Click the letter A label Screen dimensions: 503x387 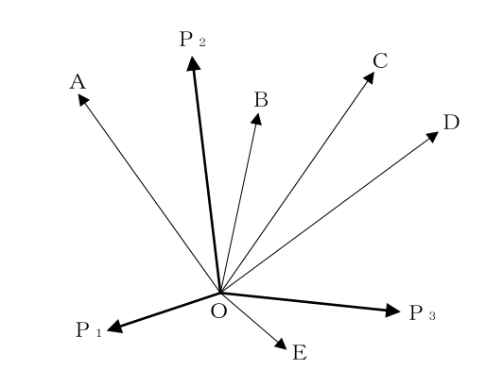78,82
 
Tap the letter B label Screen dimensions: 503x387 261,99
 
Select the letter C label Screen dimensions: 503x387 380,60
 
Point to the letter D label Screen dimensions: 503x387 451,122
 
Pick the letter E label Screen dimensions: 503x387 300,353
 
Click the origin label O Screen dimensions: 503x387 219,311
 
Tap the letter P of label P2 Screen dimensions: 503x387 185,39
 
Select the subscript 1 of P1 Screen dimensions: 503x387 98,333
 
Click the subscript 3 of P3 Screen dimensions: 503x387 432,316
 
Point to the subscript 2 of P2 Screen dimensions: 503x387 201,42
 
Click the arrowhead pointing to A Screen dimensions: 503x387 83,99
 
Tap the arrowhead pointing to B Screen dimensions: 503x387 256,119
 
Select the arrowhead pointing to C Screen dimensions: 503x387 370,77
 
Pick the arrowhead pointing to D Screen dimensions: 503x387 433,136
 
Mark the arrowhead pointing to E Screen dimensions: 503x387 282,345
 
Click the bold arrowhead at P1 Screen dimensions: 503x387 114,327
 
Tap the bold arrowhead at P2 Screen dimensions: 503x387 193,63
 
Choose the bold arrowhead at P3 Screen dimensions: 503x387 392,311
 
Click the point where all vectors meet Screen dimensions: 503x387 220,293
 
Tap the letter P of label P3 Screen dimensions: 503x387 415,312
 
